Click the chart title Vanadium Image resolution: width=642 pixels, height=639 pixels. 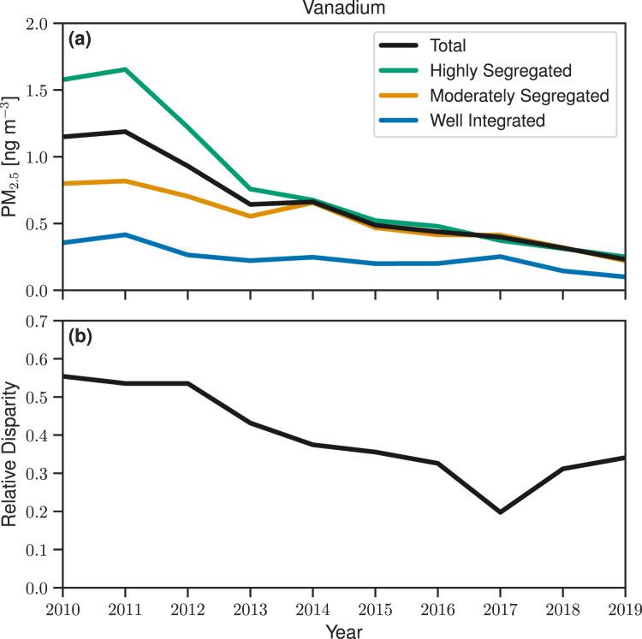tap(342, 8)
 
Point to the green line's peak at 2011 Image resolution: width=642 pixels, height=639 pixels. tap(125, 69)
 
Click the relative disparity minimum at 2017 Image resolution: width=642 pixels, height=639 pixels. tap(500, 512)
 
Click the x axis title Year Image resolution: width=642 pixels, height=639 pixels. tap(342, 630)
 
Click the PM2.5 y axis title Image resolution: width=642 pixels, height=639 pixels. tap(12, 157)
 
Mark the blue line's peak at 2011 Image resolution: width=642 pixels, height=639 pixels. tap(125, 234)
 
